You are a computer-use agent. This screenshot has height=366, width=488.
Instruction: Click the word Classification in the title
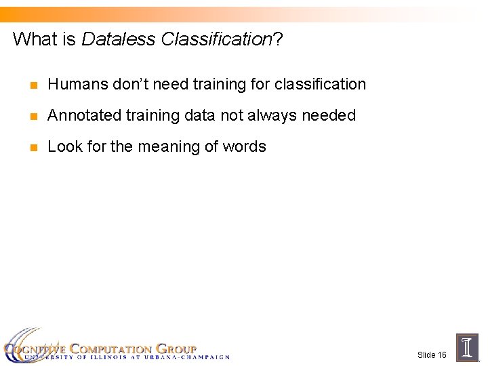point(216,39)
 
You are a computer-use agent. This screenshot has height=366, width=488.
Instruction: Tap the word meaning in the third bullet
point(190,146)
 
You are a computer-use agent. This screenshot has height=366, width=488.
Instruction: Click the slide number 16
point(441,355)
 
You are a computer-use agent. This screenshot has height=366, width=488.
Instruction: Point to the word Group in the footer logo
point(176,348)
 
